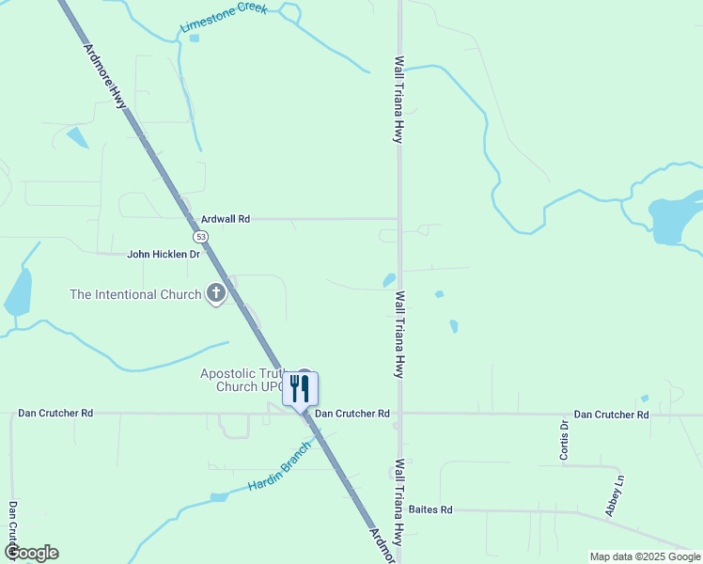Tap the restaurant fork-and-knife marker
(300, 388)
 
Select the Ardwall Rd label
(226, 219)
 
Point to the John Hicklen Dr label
(164, 254)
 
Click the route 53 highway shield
(201, 236)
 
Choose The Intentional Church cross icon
(216, 294)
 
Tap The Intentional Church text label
(135, 294)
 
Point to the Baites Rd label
(431, 509)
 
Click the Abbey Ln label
(616, 494)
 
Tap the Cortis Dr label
(565, 440)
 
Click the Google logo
(31, 553)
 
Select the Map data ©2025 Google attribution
(645, 556)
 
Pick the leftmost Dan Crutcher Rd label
(56, 413)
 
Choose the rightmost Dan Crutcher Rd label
(612, 414)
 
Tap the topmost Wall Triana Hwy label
(399, 99)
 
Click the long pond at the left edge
(19, 292)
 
